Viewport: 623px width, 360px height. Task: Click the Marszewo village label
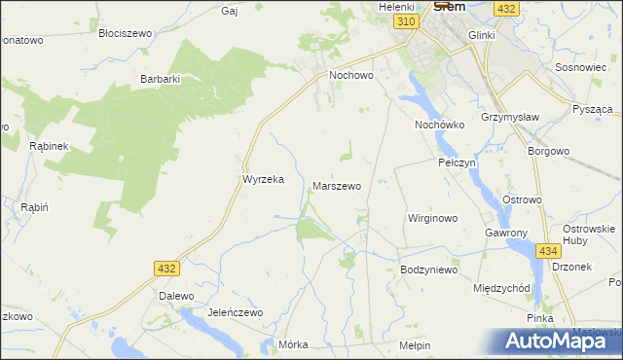click(x=337, y=185)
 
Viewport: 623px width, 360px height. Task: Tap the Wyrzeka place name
click(x=262, y=179)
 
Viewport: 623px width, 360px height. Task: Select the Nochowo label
click(x=351, y=74)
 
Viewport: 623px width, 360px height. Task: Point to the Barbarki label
click(x=161, y=79)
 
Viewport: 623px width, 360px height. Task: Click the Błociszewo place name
click(x=127, y=32)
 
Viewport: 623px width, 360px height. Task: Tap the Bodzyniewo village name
click(x=428, y=269)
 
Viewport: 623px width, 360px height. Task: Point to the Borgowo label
click(x=548, y=152)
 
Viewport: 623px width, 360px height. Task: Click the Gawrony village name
click(x=506, y=234)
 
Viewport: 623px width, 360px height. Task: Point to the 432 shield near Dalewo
click(x=165, y=267)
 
